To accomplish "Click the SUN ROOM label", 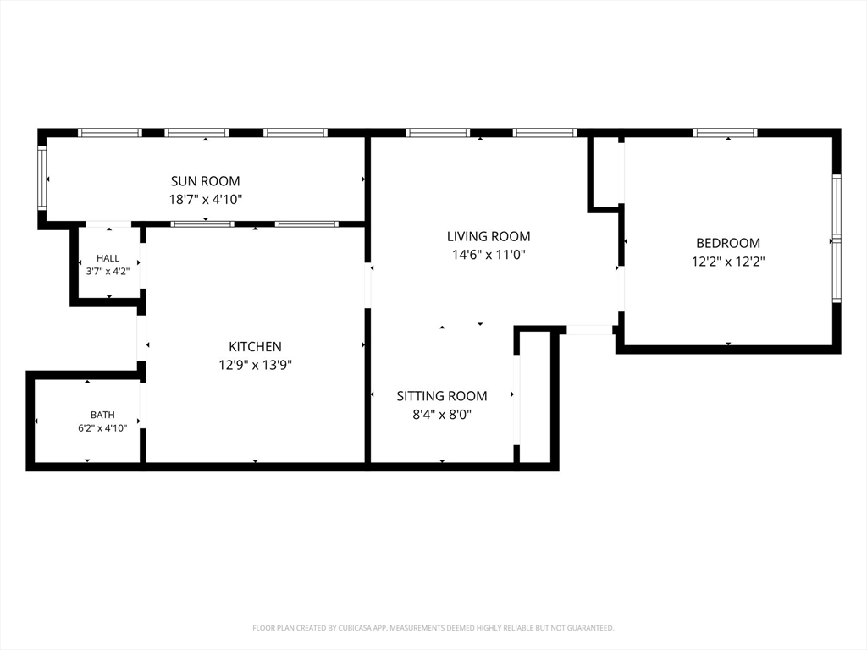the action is [205, 181].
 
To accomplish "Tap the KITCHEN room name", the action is [255, 346].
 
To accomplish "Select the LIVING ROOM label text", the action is [489, 237].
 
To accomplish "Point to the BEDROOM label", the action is [727, 243].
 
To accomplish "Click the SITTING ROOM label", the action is [442, 396].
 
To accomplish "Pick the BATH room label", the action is [102, 415].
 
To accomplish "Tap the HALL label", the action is [108, 258].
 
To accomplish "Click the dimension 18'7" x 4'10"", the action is [206, 200].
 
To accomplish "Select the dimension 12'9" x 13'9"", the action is [255, 365].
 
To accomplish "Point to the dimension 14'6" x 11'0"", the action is [489, 255].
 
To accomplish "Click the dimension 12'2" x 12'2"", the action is [727, 262].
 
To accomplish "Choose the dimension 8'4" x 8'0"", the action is [442, 415].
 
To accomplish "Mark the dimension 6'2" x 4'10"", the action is [102, 427].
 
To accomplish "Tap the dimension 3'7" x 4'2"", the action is [108, 272].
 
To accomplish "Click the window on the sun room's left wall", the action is [42, 178].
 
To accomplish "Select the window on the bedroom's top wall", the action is [725, 133].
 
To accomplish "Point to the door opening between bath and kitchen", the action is [142, 405].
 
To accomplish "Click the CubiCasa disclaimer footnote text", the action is [433, 628].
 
